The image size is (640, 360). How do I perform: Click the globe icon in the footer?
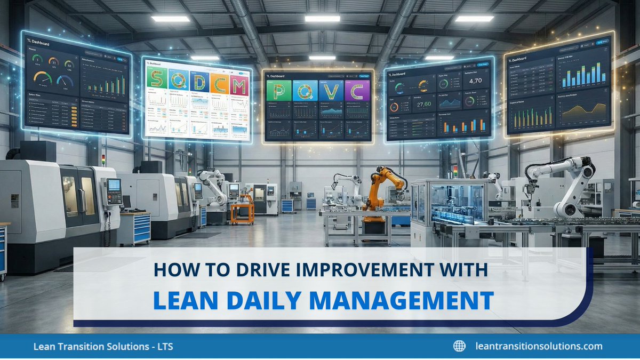tap(459, 346)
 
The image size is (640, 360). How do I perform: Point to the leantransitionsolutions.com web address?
tap(539, 346)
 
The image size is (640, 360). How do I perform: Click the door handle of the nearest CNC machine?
tap(83, 200)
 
